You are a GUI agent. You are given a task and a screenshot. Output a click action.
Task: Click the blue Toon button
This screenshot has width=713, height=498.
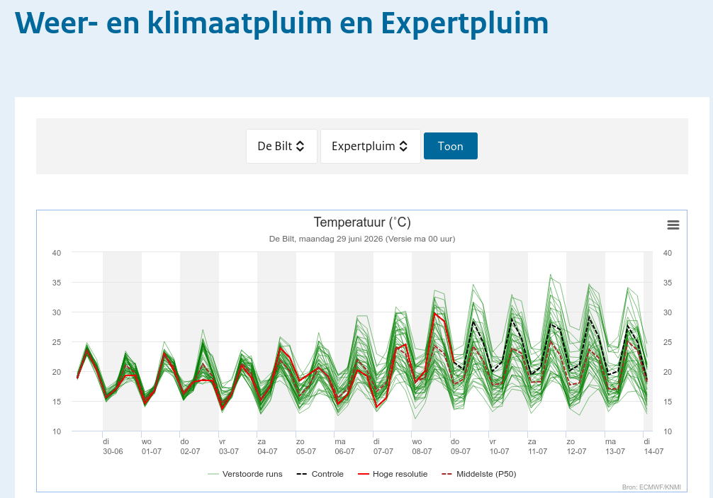pos(450,146)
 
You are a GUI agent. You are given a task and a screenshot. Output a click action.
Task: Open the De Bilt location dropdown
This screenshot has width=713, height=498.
pos(281,146)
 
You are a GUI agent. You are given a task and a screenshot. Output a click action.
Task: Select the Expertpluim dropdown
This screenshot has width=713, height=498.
pos(370,146)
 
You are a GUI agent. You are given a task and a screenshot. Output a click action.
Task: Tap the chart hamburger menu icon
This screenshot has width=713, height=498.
pos(673,225)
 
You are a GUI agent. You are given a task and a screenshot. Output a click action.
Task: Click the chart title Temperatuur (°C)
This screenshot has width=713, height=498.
pos(362,222)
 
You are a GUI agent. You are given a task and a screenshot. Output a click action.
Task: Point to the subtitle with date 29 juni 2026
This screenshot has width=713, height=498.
pos(362,239)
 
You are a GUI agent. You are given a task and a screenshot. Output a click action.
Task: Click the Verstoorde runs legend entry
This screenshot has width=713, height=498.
pos(245,474)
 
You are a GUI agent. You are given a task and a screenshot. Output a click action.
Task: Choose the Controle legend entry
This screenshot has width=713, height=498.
pos(320,474)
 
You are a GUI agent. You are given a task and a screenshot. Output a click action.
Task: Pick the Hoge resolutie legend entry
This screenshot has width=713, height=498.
pos(393,474)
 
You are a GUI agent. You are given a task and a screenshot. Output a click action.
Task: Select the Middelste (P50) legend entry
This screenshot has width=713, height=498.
pos(479,474)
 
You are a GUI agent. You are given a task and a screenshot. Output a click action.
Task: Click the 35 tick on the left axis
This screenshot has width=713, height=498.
pos(57,283)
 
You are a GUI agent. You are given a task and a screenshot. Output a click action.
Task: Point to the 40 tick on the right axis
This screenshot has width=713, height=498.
pos(667,253)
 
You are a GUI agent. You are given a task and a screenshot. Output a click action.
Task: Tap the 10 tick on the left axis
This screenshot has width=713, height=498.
pos(57,431)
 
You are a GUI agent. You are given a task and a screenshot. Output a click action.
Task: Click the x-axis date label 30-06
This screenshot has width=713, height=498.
pos(113,451)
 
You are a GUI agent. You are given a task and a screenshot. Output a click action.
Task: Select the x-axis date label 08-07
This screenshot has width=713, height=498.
pos(422,451)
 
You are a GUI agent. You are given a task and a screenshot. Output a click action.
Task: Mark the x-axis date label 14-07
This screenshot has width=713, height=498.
pos(653,451)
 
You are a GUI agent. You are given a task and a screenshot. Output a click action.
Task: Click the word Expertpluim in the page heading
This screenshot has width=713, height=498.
pos(465,23)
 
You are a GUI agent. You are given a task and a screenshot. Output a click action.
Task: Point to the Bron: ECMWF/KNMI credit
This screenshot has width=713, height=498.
pos(651,487)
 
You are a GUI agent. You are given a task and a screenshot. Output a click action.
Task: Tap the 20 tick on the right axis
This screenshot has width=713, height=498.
pos(667,372)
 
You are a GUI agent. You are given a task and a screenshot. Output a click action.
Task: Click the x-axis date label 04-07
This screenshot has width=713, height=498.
pos(267,451)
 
